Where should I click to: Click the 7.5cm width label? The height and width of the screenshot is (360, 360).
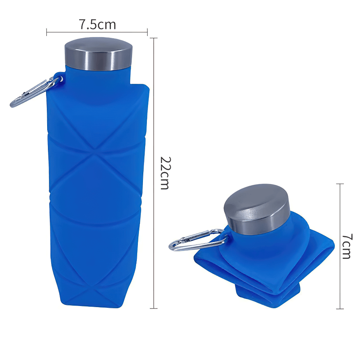point(97,24)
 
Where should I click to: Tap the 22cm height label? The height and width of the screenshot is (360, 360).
point(165,173)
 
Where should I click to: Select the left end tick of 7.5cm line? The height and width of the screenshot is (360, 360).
point(47,33)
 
